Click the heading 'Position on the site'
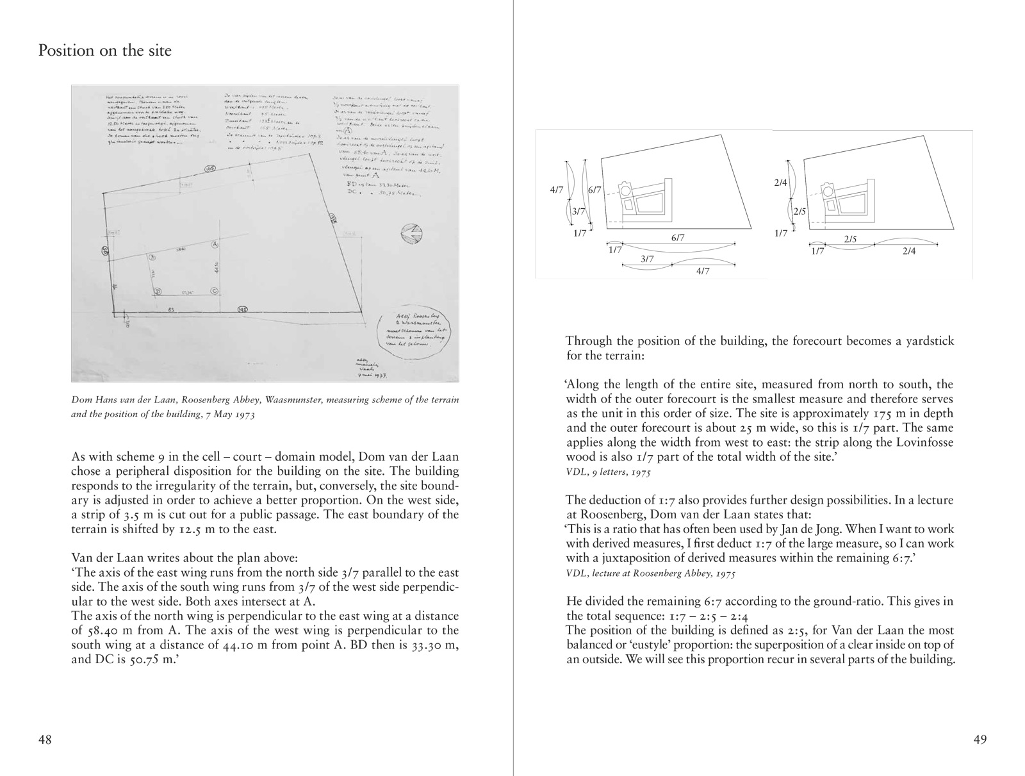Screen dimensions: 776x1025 (x=105, y=50)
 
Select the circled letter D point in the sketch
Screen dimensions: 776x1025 (x=156, y=292)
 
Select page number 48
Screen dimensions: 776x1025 (x=45, y=739)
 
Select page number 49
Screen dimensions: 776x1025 (x=980, y=739)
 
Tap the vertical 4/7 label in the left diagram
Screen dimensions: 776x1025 (x=556, y=190)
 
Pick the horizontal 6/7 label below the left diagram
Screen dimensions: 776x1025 (x=678, y=238)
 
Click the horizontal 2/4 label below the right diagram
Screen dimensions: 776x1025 (x=908, y=251)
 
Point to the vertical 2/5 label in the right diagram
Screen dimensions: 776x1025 (x=799, y=211)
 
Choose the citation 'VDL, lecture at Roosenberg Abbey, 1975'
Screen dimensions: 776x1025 (x=650, y=573)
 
